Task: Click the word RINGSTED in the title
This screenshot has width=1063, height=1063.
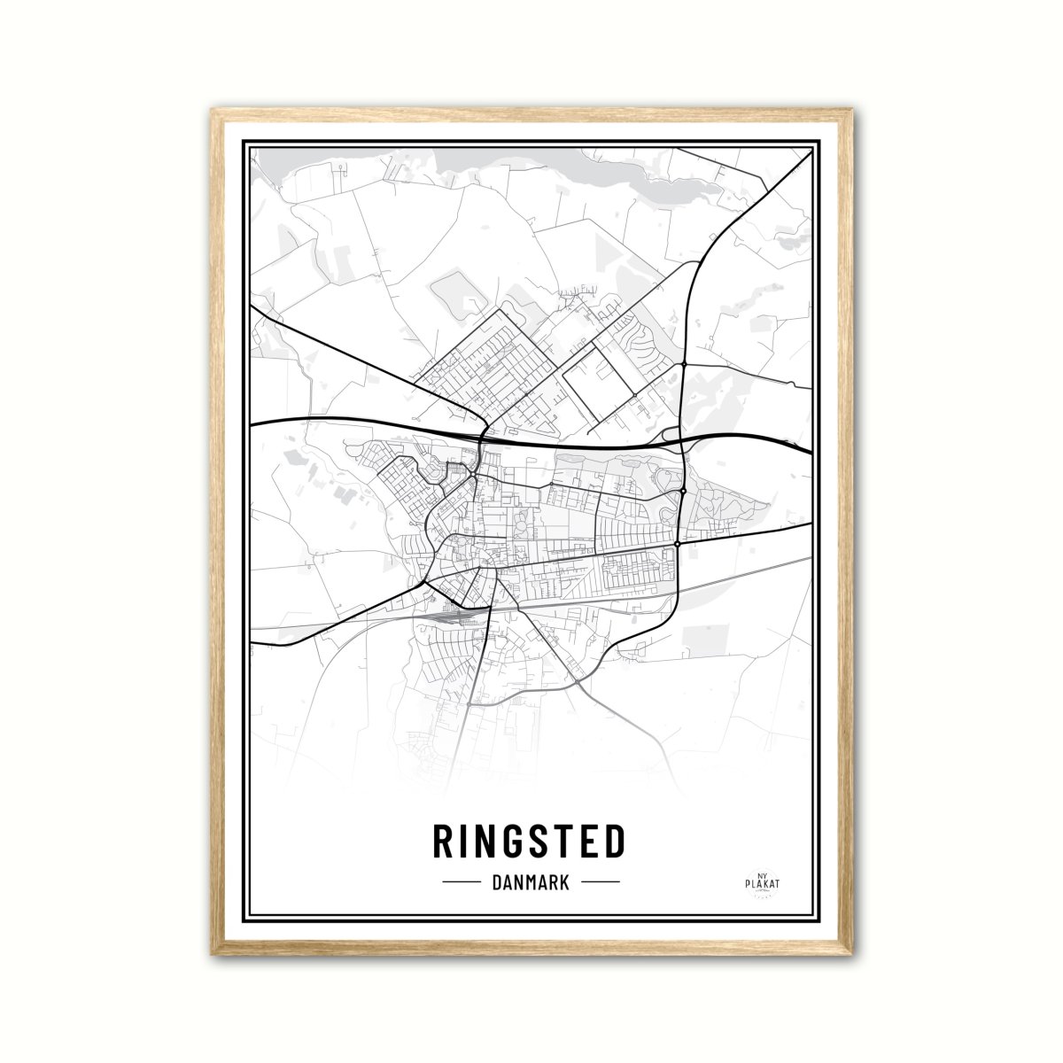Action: [x=530, y=842]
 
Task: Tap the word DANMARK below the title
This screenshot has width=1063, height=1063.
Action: [x=530, y=882]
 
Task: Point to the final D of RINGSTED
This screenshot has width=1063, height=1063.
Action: [x=613, y=842]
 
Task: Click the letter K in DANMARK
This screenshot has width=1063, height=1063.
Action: [x=563, y=882]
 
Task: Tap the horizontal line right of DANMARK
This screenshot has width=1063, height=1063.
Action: [x=600, y=882]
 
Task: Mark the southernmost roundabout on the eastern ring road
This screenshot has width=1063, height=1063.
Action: [x=678, y=543]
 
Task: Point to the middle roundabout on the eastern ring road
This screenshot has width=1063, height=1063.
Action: [x=683, y=491]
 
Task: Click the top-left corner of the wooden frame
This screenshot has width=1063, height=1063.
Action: [x=213, y=111]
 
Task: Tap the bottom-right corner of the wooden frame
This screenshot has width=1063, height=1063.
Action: [x=851, y=955]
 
